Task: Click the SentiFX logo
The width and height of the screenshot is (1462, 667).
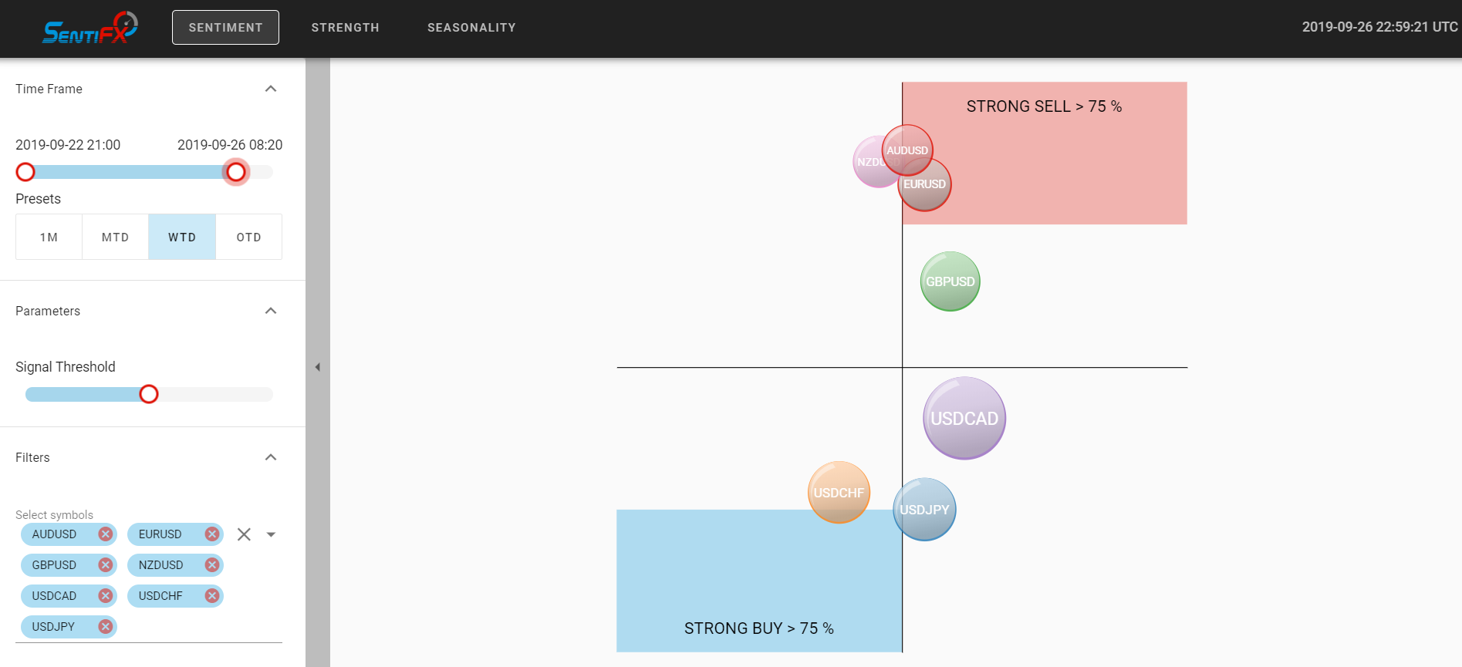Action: (x=89, y=28)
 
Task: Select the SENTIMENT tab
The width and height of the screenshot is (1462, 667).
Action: (x=225, y=28)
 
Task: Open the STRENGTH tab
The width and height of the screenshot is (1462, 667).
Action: (x=345, y=28)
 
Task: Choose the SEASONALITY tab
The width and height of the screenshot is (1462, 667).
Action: (x=471, y=28)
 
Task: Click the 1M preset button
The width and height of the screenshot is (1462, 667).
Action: (x=49, y=237)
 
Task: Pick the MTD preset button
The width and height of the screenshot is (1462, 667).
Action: (x=115, y=237)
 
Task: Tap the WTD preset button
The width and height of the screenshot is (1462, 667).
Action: (x=182, y=237)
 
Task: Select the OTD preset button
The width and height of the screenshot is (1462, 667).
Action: (x=248, y=237)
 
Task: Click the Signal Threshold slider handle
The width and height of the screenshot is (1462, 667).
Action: (x=149, y=394)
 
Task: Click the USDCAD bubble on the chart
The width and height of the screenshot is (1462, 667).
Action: (x=964, y=418)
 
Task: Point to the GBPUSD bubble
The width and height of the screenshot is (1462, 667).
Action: (x=950, y=281)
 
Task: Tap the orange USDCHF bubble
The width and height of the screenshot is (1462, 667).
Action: (x=839, y=492)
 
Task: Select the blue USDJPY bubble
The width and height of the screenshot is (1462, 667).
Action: (x=924, y=510)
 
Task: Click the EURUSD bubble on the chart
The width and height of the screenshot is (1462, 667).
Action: (x=924, y=184)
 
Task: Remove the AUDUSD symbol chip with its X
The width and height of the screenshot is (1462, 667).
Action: (x=106, y=534)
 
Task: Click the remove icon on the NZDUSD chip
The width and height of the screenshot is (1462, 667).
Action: (x=212, y=564)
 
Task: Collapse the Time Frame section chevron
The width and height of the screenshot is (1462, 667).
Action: (x=271, y=89)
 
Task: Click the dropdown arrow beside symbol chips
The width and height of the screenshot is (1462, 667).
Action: (x=271, y=534)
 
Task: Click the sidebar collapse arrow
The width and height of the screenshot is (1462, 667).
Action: (x=318, y=367)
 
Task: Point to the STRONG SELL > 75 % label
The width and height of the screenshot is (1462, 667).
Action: (x=1044, y=106)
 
